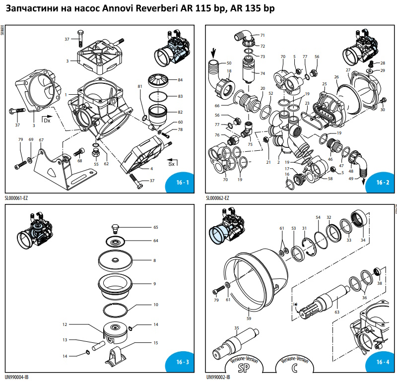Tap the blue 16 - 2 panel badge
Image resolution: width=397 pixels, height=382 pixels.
click(x=382, y=183)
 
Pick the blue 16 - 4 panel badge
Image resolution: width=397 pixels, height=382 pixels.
click(x=382, y=361)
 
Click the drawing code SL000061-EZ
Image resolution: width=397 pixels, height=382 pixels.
click(x=17, y=198)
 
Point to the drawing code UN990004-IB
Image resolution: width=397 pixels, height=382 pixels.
click(x=17, y=377)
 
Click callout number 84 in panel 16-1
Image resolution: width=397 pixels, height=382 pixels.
click(x=180, y=80)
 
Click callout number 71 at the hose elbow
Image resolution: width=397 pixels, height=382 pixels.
click(x=263, y=35)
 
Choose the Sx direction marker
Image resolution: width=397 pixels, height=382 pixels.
click(x=171, y=163)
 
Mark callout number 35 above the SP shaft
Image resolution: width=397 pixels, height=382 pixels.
click(x=237, y=328)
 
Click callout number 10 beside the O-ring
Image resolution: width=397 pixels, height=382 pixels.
click(x=155, y=305)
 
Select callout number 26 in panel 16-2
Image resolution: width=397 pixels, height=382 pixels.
click(x=336, y=77)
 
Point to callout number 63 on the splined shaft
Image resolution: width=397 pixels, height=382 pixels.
click(x=337, y=312)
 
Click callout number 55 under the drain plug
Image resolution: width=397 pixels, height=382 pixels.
click(x=96, y=164)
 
